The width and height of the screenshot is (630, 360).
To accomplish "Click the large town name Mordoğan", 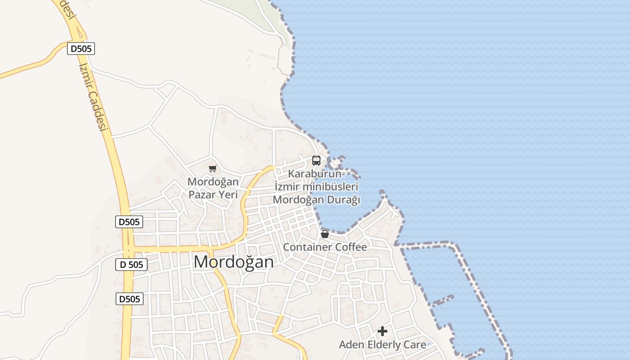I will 234,261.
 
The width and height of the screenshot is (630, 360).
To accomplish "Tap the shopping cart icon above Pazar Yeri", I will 212,169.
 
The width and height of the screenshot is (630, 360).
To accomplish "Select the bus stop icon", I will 316,161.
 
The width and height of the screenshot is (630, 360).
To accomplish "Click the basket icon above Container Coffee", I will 325,234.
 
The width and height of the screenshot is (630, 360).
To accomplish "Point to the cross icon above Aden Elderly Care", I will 382,331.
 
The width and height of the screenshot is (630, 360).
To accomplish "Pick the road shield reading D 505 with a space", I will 131,265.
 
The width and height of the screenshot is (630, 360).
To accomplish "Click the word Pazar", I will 201,195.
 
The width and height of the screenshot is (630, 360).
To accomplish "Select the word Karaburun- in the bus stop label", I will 316,174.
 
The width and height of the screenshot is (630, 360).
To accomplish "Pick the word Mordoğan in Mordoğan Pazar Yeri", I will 213,182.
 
